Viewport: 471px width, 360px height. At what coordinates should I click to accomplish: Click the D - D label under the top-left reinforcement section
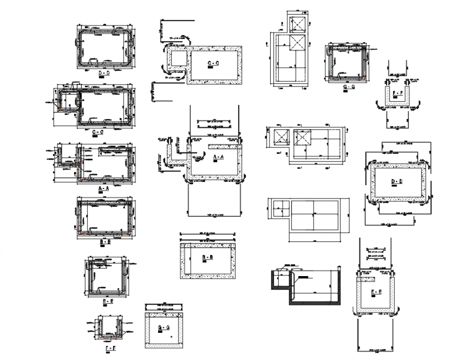pos(104,73)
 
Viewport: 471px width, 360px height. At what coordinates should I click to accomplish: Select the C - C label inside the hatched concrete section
pos(213,64)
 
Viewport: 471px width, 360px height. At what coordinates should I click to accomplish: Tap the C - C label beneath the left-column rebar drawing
pos(98,132)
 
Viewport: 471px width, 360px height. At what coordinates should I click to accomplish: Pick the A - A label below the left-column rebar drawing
pos(104,188)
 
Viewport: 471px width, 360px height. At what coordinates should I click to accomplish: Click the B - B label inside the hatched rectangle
pos(207,257)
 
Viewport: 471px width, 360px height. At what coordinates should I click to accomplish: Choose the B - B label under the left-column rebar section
pos(106,241)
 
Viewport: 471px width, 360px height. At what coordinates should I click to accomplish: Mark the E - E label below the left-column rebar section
pos(107,300)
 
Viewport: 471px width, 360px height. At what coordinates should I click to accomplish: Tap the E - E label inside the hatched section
pos(376,292)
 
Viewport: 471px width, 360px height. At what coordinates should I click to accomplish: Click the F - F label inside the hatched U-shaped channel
pos(397,93)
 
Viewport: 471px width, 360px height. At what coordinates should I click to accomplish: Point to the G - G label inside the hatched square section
pos(163,328)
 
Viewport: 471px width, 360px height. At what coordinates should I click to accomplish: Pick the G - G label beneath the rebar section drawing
pos(349,87)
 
